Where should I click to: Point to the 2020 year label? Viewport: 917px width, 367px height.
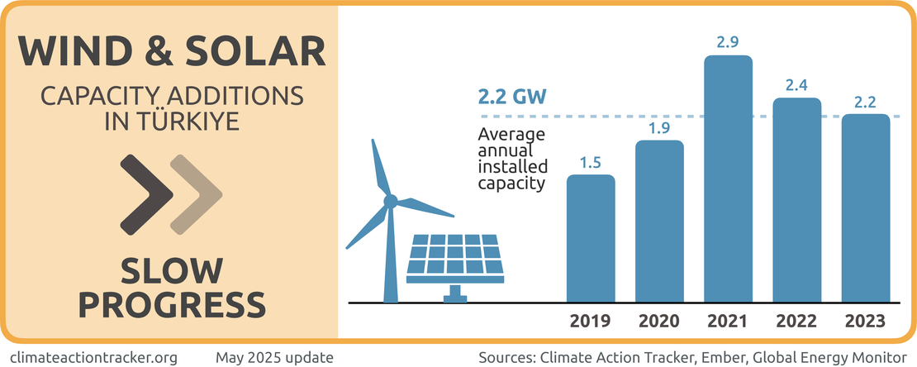[659, 321]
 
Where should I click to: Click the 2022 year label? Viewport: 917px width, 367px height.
[796, 321]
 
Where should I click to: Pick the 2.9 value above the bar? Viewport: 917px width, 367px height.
[728, 42]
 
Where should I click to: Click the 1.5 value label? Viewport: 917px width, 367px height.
[591, 162]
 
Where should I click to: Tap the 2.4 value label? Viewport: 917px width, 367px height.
[796, 84]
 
